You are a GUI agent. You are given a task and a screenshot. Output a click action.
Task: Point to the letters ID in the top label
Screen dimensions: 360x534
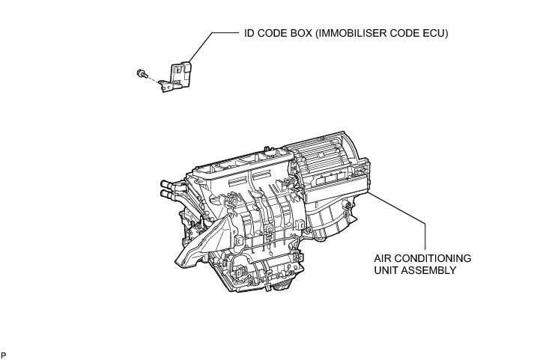tap(249, 34)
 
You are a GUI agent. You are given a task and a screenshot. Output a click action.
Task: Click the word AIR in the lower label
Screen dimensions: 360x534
tap(384, 257)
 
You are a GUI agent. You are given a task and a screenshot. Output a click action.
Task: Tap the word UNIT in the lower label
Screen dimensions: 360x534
tap(386, 269)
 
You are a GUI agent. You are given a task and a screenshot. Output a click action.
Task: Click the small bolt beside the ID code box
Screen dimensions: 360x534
tap(141, 73)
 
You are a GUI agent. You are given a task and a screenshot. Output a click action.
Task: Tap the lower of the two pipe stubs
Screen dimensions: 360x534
tap(168, 195)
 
